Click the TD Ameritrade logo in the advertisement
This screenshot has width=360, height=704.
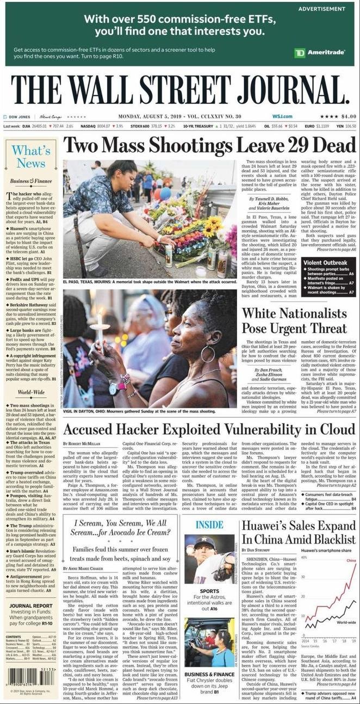click(320, 52)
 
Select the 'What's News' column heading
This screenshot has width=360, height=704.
click(30, 156)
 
